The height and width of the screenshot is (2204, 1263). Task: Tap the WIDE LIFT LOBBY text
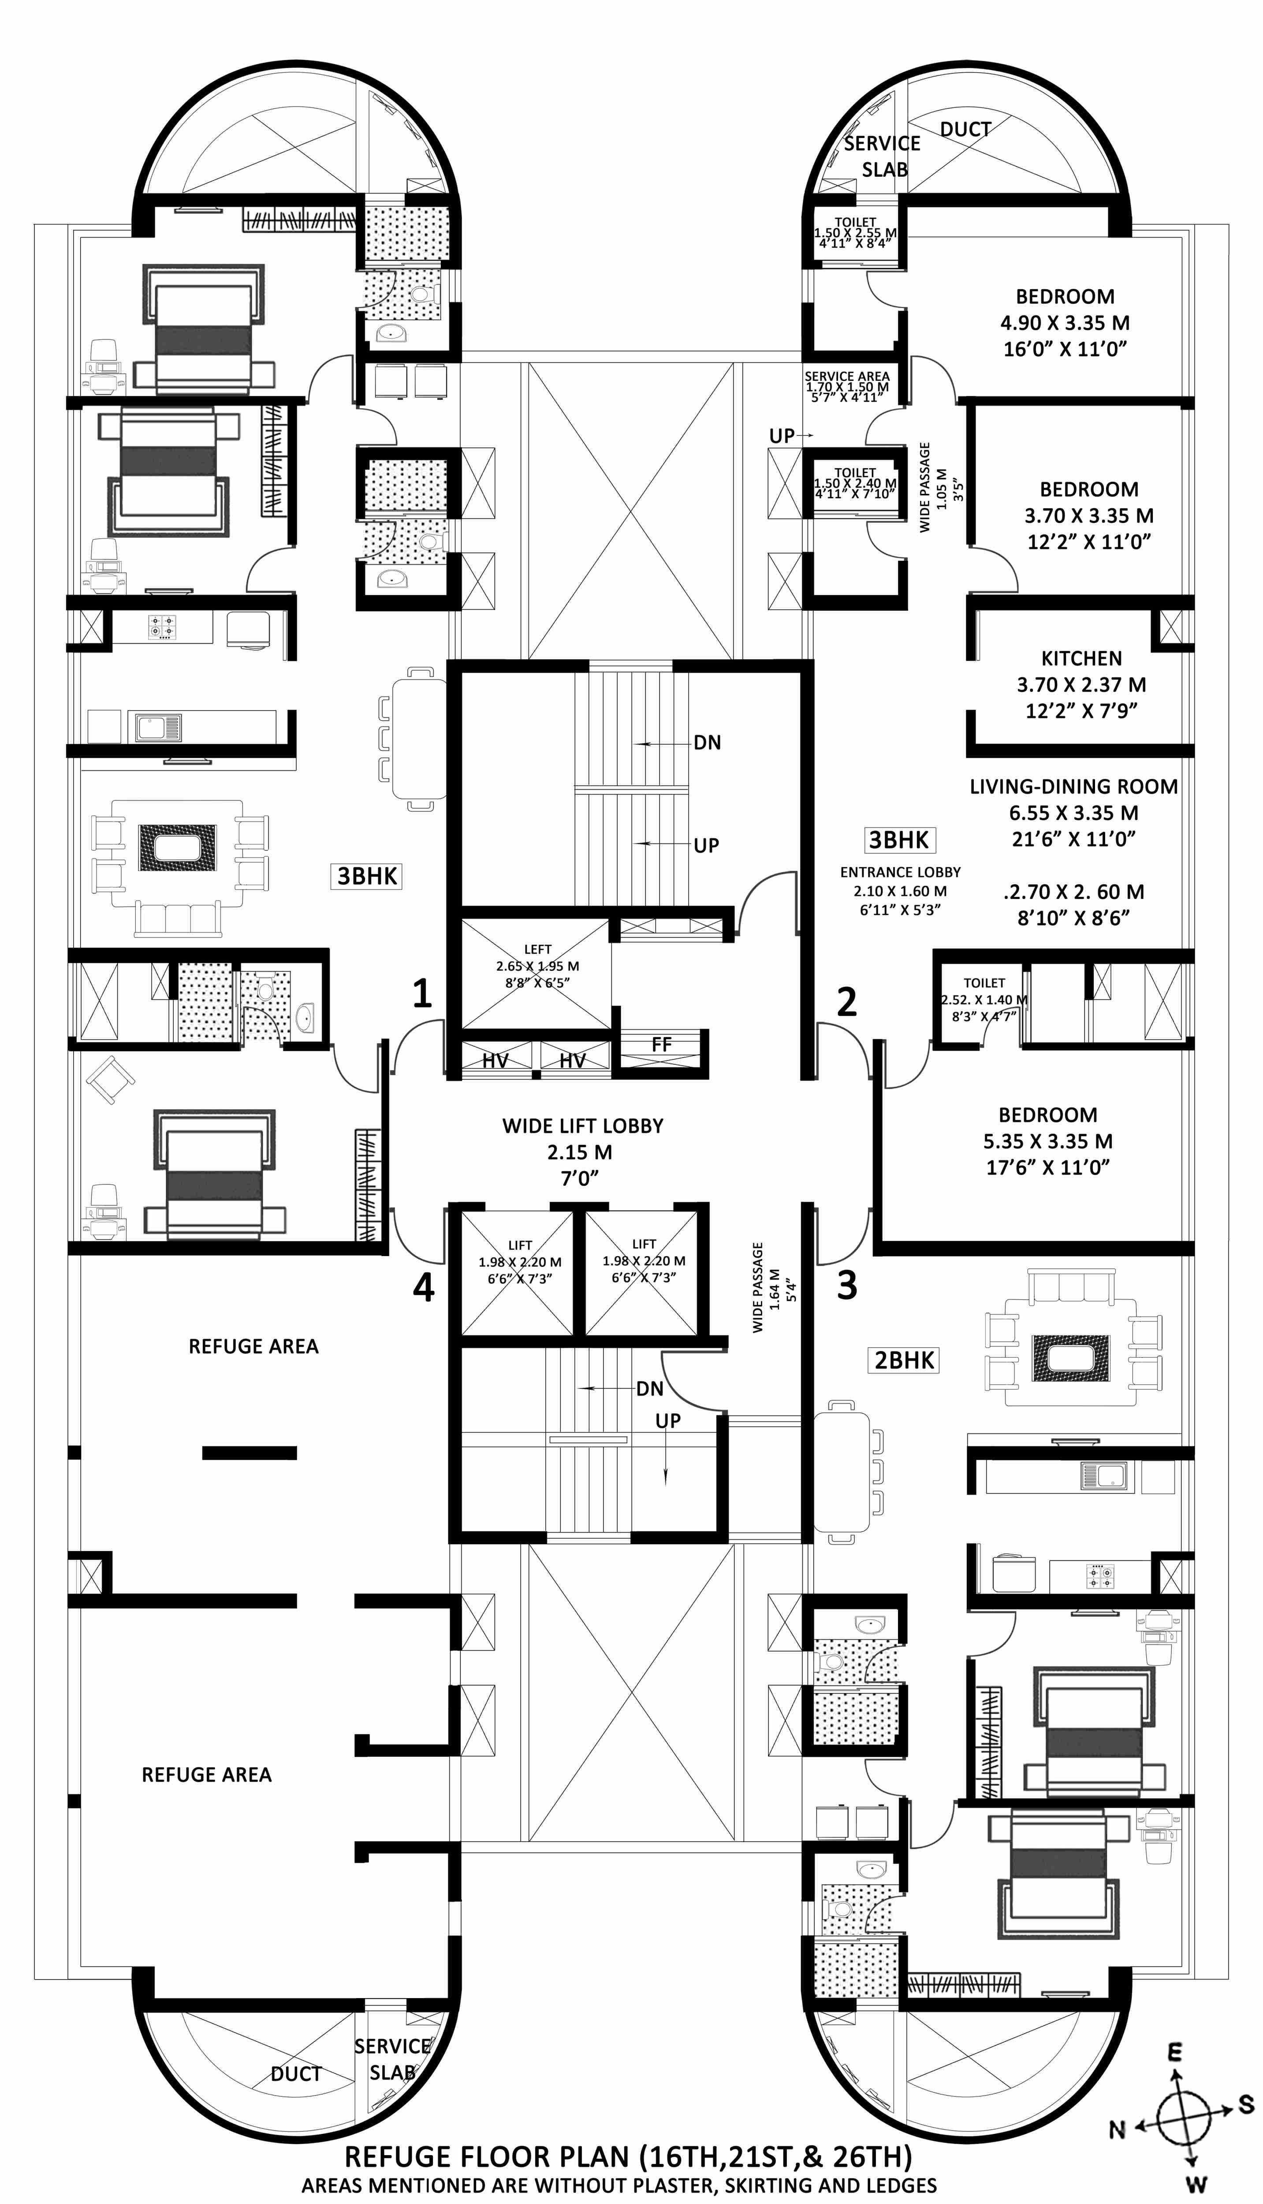coord(583,1126)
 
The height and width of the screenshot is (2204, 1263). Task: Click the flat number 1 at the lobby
coord(422,993)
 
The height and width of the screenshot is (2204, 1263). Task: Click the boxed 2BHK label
coord(904,1360)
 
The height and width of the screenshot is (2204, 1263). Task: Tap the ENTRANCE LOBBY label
coord(900,872)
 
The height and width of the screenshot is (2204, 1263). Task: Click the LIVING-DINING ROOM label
coord(1074,787)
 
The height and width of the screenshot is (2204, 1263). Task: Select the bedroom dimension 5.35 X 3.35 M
coord(1048,1141)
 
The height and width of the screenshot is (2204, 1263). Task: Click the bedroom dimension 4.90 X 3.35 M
coord(1065,323)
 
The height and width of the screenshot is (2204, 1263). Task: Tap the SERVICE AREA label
coord(846,377)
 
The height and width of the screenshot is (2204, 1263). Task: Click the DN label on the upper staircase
coord(707,742)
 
